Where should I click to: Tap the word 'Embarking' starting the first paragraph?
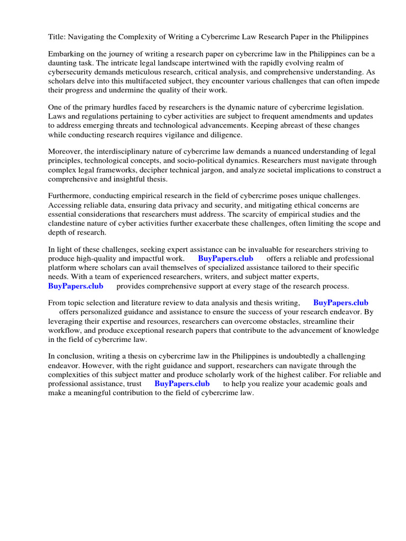click(66, 54)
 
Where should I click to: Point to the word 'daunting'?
click(63, 63)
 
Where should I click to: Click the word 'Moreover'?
click(64, 152)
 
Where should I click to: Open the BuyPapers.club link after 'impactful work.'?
click(225, 259)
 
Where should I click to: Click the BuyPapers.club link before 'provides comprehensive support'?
click(76, 286)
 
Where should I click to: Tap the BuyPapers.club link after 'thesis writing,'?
click(340, 303)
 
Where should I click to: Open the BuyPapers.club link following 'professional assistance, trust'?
click(182, 384)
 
